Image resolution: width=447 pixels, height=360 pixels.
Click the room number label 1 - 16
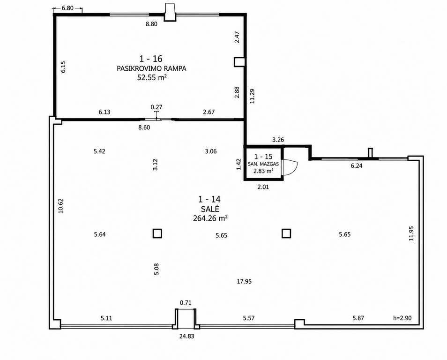tap(151, 59)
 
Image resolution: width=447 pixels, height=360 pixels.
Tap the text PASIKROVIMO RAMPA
tap(151, 68)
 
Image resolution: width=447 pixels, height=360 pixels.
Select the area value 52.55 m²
tap(152, 78)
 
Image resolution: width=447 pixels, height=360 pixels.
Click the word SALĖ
tap(210, 209)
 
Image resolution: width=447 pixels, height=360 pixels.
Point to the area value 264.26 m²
tap(210, 218)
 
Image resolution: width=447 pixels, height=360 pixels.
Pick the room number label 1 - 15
tap(263, 156)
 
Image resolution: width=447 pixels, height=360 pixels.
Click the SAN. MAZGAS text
tap(263, 164)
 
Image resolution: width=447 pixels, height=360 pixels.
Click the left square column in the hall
tap(157, 233)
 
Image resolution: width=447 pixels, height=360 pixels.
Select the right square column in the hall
tap(286, 233)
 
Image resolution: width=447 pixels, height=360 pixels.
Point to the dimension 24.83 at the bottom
tap(187, 336)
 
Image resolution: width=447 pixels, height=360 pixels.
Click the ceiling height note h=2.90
tap(402, 318)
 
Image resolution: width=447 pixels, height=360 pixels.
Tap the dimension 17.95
tap(244, 282)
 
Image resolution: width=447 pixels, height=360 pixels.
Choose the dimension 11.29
tap(252, 96)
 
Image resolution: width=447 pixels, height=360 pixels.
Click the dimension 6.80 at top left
tap(67, 8)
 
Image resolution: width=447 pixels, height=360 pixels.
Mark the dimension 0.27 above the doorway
tap(156, 107)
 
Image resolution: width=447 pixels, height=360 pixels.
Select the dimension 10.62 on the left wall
tap(60, 206)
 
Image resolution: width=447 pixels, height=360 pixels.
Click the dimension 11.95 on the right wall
tap(411, 233)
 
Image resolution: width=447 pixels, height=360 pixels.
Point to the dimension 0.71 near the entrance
tap(186, 303)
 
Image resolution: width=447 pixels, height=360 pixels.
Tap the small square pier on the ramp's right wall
tap(239, 62)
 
